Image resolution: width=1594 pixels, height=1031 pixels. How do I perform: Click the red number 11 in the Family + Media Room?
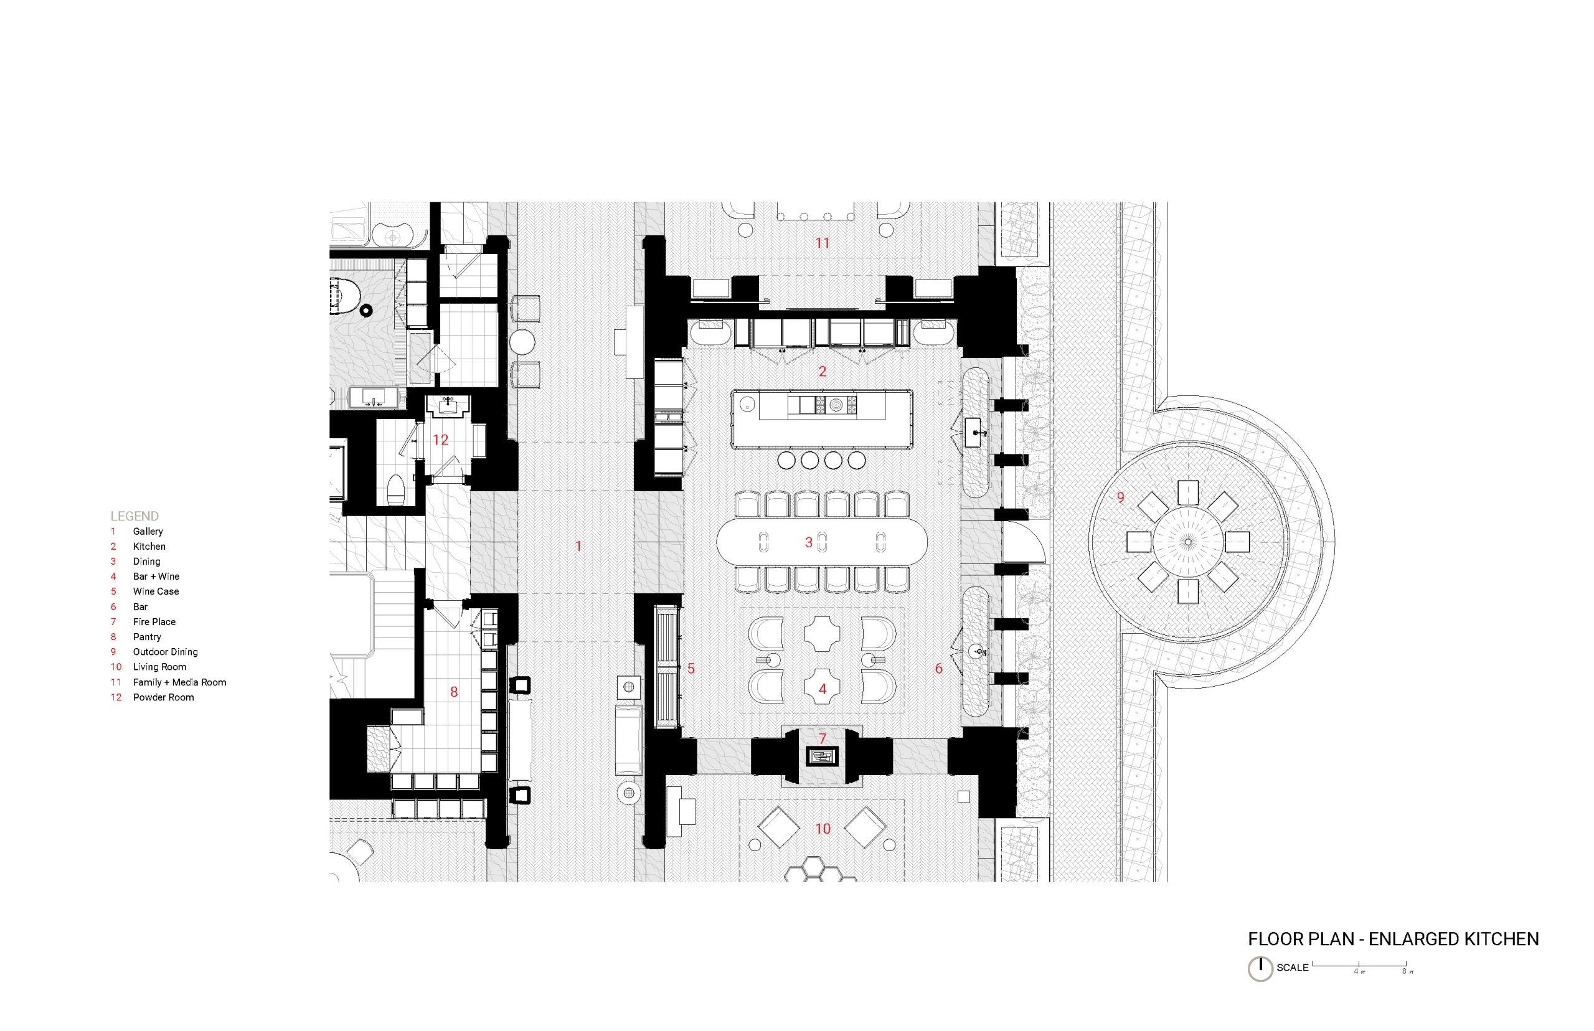822,243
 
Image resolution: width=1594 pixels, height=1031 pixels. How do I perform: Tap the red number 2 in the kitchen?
822,371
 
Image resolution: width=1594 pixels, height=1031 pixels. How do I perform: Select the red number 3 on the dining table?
808,542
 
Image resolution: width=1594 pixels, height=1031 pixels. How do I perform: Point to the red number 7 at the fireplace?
822,738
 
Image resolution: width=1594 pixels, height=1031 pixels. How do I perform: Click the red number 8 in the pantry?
454,692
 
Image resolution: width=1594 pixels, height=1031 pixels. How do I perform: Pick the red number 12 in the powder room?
440,440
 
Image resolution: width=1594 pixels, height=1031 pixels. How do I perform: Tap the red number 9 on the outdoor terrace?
1121,497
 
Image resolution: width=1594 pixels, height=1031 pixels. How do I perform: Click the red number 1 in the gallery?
578,546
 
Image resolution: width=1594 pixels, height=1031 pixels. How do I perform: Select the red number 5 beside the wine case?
691,668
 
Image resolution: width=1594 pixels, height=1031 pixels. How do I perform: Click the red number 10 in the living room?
822,829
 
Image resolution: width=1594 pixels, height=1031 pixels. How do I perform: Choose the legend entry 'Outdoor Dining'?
166,651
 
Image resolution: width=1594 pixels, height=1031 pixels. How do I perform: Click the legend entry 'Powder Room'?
163,697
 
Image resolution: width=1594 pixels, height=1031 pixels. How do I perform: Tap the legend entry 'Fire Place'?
154,621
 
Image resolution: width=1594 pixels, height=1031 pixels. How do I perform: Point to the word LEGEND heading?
134,516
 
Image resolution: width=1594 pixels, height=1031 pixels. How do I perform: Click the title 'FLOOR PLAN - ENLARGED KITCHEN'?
1393,939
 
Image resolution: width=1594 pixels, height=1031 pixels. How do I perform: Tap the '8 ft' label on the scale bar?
1407,971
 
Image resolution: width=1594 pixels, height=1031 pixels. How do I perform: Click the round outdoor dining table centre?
1187,541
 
